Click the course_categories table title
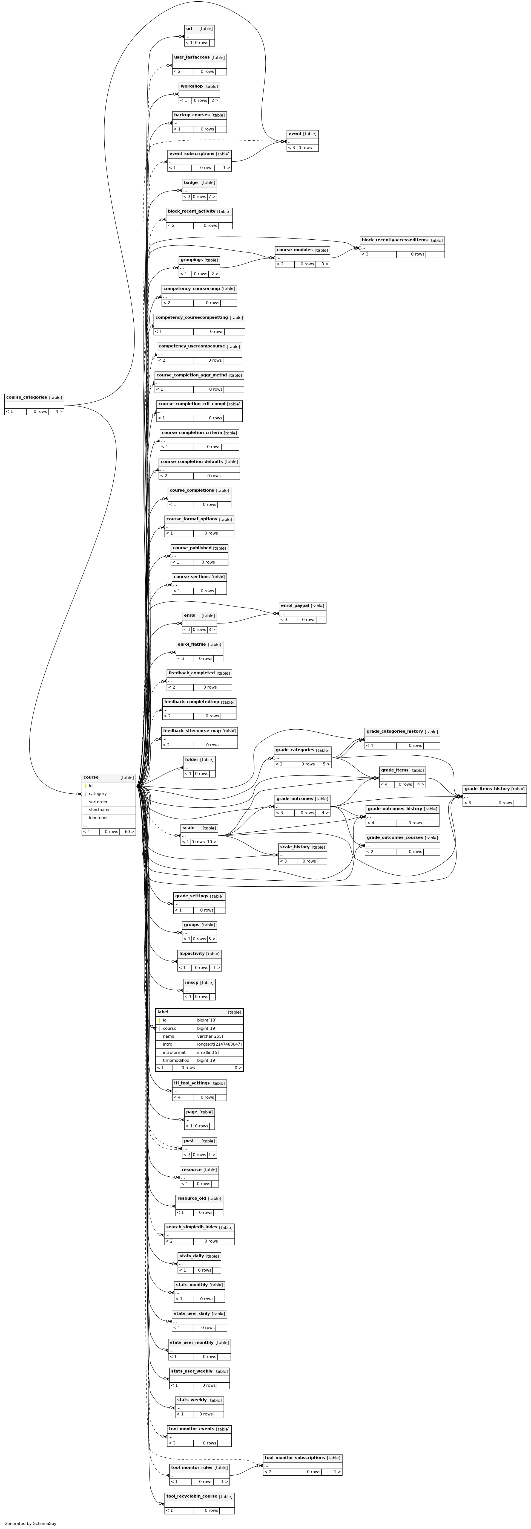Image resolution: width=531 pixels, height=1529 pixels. tap(26, 397)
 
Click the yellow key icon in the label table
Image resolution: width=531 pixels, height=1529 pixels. tap(159, 1020)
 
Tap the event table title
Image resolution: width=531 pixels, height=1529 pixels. tap(295, 134)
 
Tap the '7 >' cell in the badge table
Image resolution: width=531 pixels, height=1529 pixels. tap(211, 196)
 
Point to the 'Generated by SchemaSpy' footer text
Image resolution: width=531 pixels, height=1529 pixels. tap(30, 1523)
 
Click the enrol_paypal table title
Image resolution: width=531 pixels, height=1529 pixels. tap(295, 605)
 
